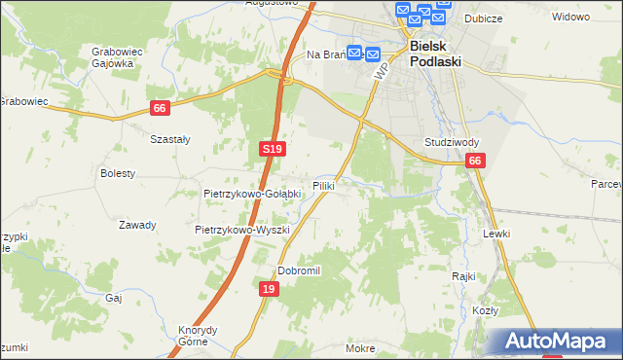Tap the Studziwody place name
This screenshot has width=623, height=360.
[x=450, y=142]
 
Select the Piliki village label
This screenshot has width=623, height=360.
[x=324, y=185]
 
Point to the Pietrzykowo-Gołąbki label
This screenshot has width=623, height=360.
[x=252, y=194]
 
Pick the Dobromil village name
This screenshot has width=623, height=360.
[x=299, y=270]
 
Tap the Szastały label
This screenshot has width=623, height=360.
[x=169, y=139]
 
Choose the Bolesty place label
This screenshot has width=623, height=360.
[x=118, y=173]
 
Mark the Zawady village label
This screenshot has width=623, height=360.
[x=137, y=225]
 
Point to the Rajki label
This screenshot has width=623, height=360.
[x=462, y=276]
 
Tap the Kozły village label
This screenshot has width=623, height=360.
[x=486, y=310]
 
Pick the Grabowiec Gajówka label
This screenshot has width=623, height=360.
[x=112, y=56]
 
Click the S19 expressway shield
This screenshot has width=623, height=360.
[x=273, y=148]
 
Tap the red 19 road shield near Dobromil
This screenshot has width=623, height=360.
[x=270, y=289]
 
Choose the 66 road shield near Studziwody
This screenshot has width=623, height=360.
[x=474, y=162]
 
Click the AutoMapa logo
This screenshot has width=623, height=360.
[x=557, y=342]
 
